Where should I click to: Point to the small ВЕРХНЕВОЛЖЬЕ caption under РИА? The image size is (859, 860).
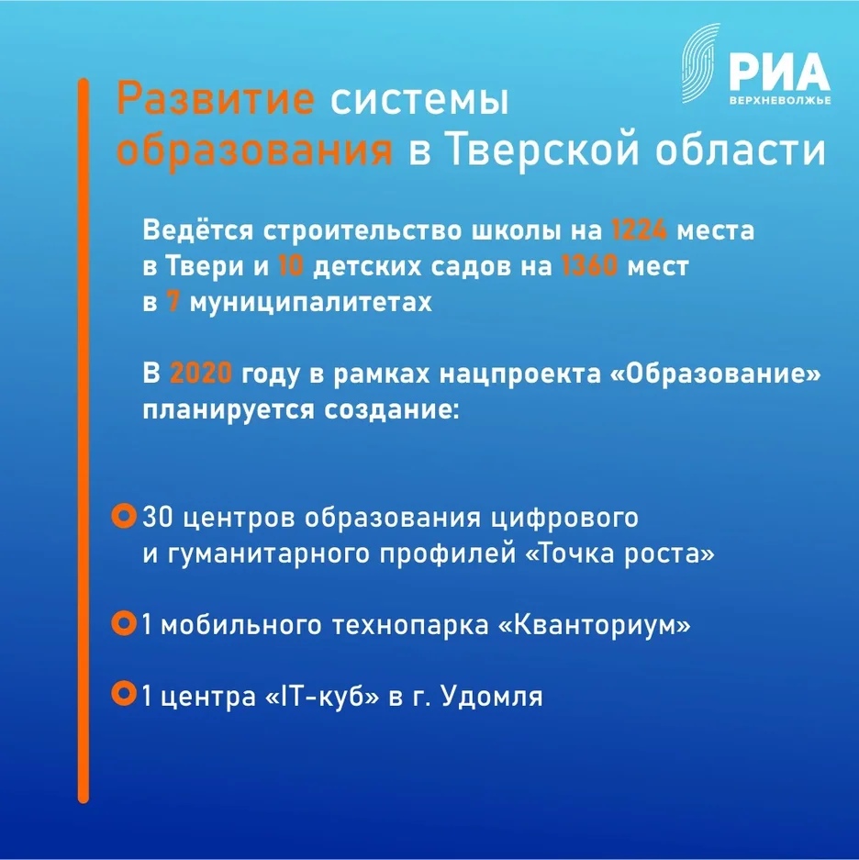pyautogui.click(x=778, y=99)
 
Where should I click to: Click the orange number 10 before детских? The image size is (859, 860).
pyautogui.click(x=292, y=267)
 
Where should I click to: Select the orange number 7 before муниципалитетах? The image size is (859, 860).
pyautogui.click(x=173, y=304)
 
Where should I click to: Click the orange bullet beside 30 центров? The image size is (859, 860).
pyautogui.click(x=123, y=516)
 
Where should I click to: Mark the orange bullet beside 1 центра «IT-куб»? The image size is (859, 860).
pyautogui.click(x=123, y=693)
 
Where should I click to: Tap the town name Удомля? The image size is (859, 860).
pyautogui.click(x=492, y=697)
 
